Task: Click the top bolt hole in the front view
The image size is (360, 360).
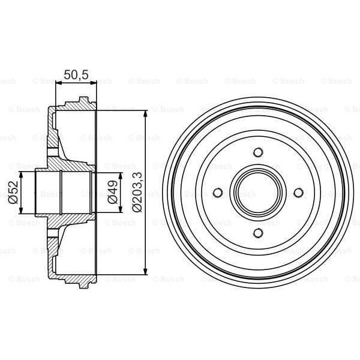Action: click(257, 152)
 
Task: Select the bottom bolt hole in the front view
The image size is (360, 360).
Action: click(257, 233)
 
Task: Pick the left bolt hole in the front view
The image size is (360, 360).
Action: click(218, 193)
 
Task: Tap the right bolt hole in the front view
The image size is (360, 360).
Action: click(298, 193)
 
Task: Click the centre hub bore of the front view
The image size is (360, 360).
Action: click(257, 193)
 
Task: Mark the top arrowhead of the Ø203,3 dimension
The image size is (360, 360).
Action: click(146, 114)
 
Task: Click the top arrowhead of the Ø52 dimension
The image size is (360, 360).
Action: click(22, 175)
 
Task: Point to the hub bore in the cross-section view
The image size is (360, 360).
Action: click(63, 193)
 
